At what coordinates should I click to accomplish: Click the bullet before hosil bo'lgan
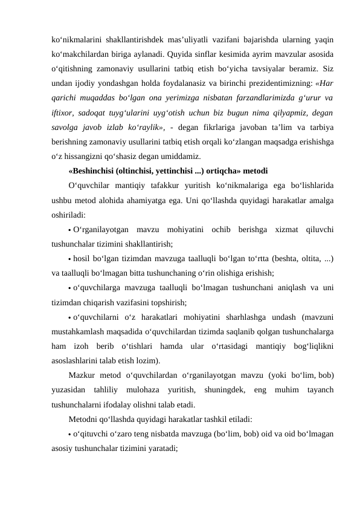point(70,259)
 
